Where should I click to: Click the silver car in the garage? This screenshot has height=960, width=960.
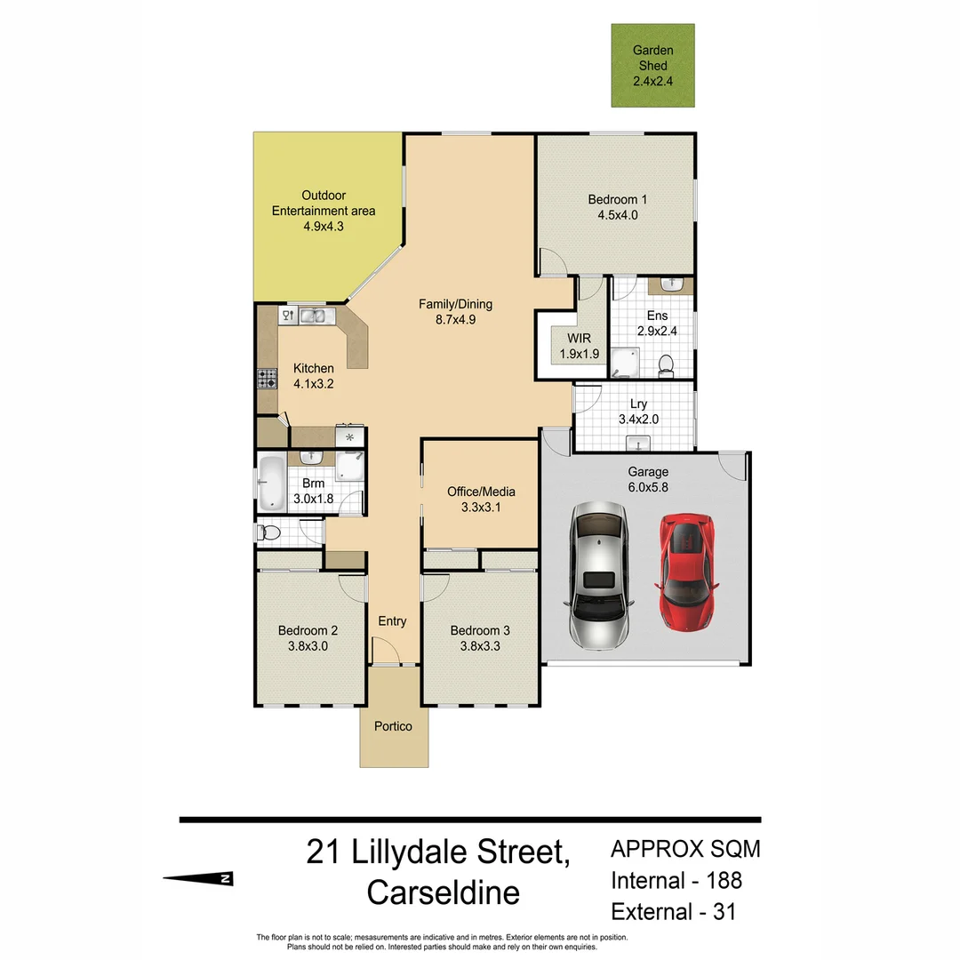(599, 573)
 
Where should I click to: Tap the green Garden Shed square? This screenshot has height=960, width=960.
(652, 65)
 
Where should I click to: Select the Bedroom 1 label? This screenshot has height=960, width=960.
(612, 199)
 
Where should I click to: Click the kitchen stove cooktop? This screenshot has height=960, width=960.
(267, 380)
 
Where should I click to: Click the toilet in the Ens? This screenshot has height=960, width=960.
(664, 364)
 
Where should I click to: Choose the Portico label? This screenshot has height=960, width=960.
(393, 726)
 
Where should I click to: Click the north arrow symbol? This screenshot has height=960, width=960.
(198, 878)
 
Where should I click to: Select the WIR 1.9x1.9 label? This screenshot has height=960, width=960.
(579, 346)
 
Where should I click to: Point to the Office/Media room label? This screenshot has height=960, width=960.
(481, 492)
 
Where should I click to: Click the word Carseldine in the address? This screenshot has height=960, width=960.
(443, 892)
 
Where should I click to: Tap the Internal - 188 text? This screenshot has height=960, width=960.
(676, 880)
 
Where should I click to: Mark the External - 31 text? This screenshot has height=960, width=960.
(673, 911)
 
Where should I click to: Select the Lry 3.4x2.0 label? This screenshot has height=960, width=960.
(638, 412)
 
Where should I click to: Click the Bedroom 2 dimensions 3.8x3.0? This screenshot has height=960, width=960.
(308, 646)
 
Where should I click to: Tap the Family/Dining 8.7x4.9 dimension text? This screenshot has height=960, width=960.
(455, 319)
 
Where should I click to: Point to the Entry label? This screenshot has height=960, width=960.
(392, 620)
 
